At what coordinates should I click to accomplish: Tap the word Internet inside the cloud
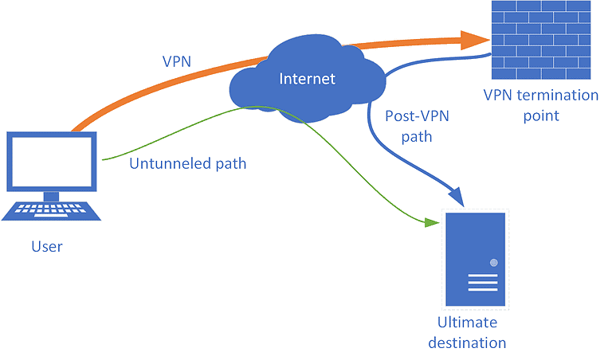tap(307, 78)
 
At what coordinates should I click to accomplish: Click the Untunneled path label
tap(187, 164)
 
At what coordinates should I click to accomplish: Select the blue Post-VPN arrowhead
tap(457, 194)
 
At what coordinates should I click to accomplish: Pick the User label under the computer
tap(46, 246)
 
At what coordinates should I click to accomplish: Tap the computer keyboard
tap(52, 210)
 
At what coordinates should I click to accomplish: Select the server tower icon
tap(475, 260)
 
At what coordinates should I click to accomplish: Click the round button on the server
tap(494, 262)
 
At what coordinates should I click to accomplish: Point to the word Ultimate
tap(467, 323)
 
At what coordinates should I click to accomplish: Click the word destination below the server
tap(467, 342)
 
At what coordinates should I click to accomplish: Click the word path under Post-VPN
tap(416, 136)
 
